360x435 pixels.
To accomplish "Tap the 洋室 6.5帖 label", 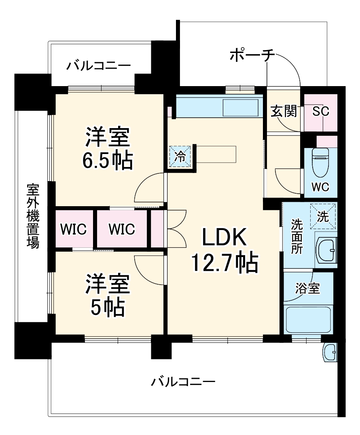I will (x=108, y=149).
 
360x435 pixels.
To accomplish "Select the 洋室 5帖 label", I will (x=107, y=295).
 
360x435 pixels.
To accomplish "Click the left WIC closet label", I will (x=74, y=229).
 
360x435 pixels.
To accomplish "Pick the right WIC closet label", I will (x=121, y=229).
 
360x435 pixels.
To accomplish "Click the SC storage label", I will (x=321, y=111).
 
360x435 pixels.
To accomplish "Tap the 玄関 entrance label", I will (x=284, y=111).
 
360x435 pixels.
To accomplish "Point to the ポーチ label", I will (x=252, y=56).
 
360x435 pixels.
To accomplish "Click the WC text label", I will (x=320, y=187).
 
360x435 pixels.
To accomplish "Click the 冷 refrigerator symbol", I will (x=178, y=156).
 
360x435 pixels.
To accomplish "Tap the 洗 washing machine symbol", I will (x=323, y=217).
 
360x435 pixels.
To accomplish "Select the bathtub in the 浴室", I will (x=309, y=320).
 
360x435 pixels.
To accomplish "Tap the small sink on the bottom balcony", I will (x=330, y=353).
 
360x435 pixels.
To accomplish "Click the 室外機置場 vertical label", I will (x=33, y=216).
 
